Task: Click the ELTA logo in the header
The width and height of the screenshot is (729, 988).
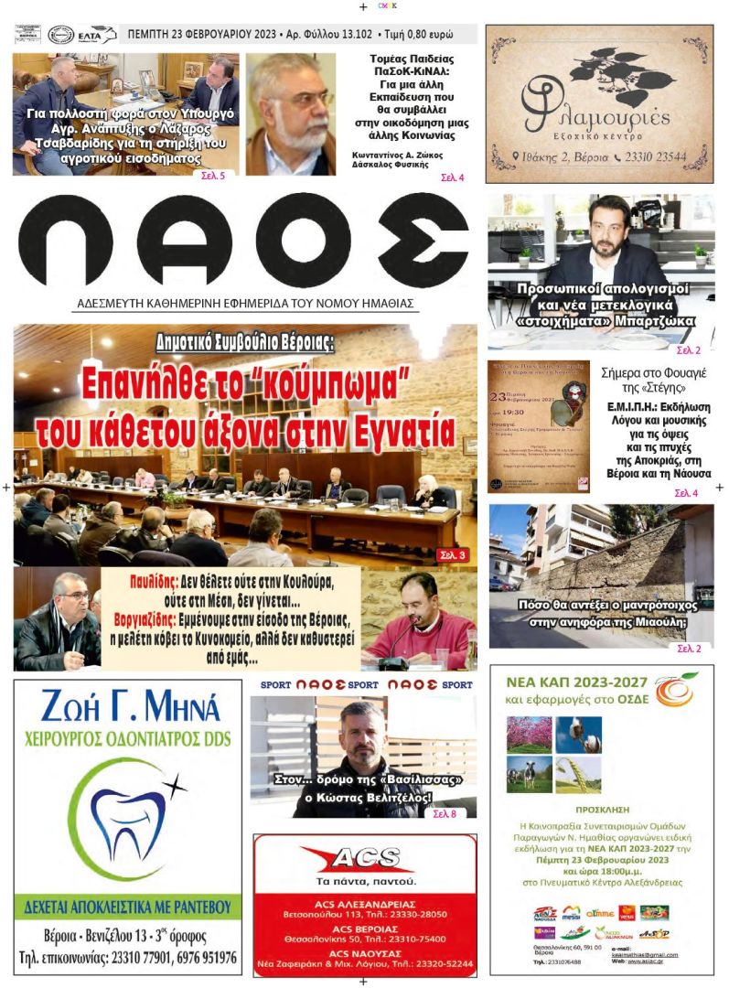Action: [x=96, y=35]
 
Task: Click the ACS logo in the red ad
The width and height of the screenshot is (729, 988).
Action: [x=364, y=857]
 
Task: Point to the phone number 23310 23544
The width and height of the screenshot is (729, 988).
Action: [x=653, y=156]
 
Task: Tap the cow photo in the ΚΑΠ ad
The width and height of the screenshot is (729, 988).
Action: [x=530, y=774]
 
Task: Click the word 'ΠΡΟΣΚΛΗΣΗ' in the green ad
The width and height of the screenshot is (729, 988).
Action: [x=601, y=811]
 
